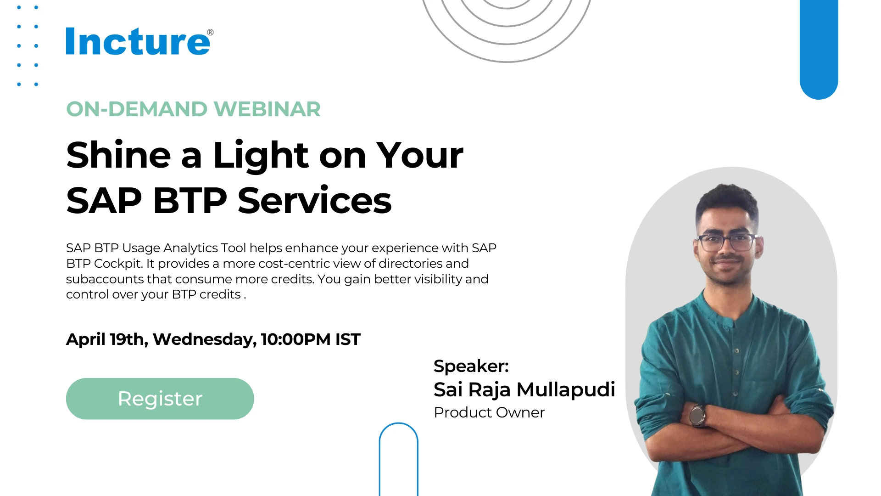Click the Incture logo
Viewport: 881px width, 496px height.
(x=139, y=41)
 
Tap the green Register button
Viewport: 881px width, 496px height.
(x=160, y=399)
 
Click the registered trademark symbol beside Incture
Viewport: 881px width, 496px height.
(x=210, y=32)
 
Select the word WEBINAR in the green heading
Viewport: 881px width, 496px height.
(x=267, y=109)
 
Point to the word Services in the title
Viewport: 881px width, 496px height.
(x=315, y=201)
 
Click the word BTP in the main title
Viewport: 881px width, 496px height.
(x=190, y=201)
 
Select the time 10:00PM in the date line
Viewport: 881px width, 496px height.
(x=296, y=339)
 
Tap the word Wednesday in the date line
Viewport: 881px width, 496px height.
(x=205, y=340)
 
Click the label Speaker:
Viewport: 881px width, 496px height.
(x=471, y=366)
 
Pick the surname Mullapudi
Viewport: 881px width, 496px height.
(x=566, y=390)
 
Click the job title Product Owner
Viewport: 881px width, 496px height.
(x=489, y=412)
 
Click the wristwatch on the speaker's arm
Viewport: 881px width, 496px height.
(x=697, y=415)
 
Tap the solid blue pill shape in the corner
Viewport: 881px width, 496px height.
(x=819, y=50)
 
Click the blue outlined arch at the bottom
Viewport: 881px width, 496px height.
(x=399, y=424)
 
